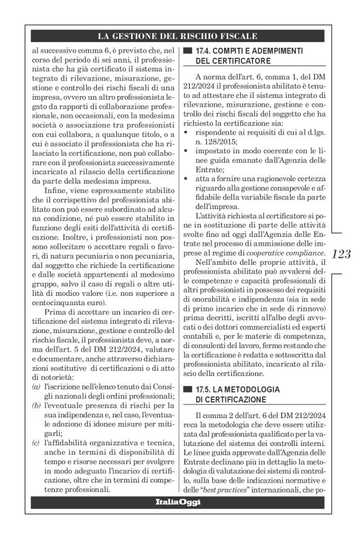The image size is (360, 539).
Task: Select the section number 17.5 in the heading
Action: coord(204,388)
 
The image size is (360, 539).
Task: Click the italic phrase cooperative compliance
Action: coord(286,254)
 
